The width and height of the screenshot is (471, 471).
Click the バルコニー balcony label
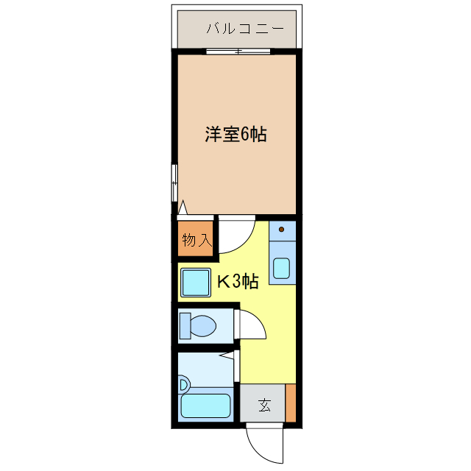tap(235, 30)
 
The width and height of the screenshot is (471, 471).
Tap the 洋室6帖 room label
tap(235, 135)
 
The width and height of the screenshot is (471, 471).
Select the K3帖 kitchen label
tap(237, 281)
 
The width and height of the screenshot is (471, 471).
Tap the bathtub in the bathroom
tap(205, 406)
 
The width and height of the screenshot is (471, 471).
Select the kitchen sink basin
tap(282, 268)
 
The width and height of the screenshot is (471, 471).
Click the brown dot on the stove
tap(281, 229)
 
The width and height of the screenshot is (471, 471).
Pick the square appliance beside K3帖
tap(196, 283)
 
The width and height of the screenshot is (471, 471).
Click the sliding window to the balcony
tap(237, 51)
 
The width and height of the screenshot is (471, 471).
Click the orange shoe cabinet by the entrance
tap(291, 403)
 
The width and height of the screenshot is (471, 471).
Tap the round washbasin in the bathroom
tap(183, 383)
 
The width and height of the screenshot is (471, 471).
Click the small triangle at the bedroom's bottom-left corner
tap(182, 208)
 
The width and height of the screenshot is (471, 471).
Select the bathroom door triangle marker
tap(230, 357)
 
